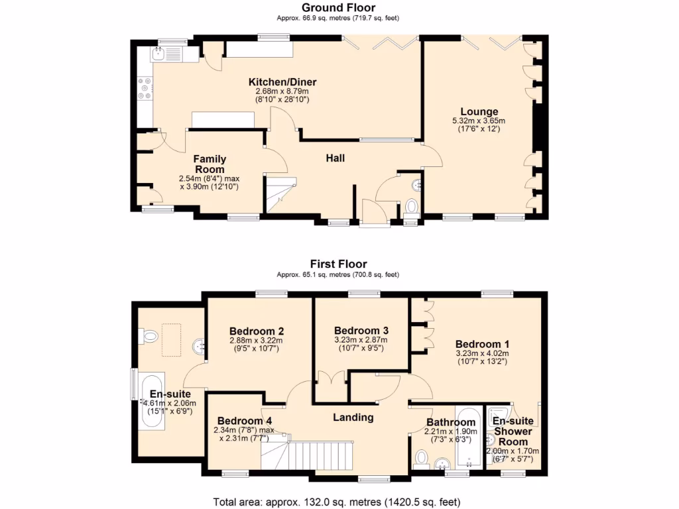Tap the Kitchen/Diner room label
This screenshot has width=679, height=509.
(278, 82)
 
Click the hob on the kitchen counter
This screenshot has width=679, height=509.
(145, 89)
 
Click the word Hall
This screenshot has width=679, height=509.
(335, 158)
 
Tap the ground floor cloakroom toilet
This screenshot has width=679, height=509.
(411, 207)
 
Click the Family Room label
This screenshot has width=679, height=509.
(210, 164)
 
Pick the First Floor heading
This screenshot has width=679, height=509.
(339, 264)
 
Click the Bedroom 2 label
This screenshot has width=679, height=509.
(257, 331)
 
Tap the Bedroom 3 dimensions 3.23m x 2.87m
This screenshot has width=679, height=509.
(361, 340)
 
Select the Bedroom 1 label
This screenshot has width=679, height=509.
(482, 344)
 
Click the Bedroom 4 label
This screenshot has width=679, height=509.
(244, 420)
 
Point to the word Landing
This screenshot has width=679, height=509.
(353, 418)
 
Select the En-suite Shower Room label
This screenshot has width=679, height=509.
(513, 431)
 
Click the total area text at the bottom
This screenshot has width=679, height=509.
(336, 501)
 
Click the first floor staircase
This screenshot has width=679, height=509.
(285, 457)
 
